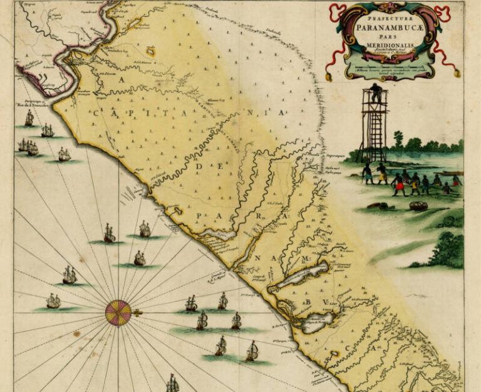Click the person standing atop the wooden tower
[x=375, y=93]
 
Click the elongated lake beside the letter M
[x=303, y=274]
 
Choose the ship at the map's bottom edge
[x=172, y=382]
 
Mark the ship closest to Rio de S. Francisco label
[x=29, y=119]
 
